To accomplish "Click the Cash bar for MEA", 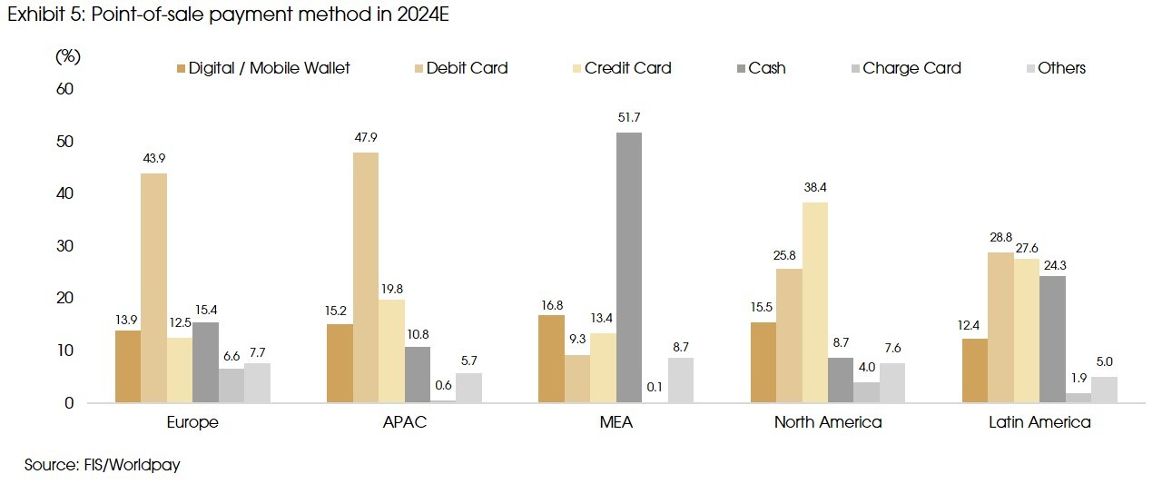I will point(628,268).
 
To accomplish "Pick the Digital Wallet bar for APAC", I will point(340,363).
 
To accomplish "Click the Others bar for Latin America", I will point(1104,390).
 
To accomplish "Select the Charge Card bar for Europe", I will point(231,385).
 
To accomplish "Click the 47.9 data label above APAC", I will point(366,138).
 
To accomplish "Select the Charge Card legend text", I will point(911,68).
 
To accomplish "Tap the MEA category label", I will point(616,422).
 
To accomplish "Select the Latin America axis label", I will point(1039,422).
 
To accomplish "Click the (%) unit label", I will point(68,56).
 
